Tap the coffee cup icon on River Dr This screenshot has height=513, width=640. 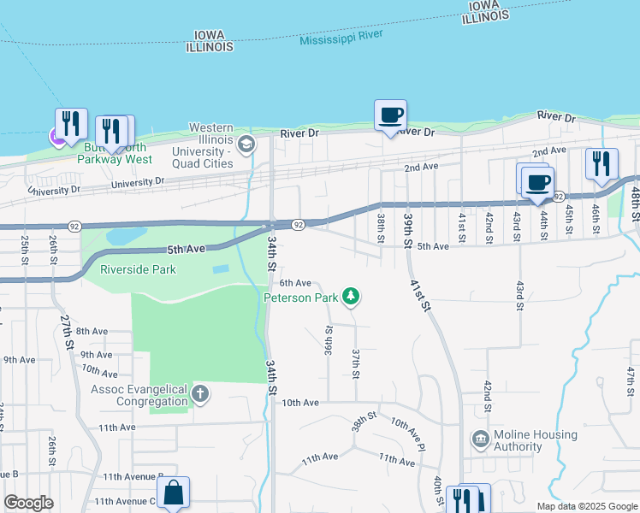click(x=390, y=115)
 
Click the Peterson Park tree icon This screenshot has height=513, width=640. click(x=350, y=297)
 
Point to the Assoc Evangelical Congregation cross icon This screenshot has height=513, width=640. click(x=200, y=394)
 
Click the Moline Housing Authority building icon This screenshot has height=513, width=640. click(x=480, y=439)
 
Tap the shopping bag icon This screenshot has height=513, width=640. click(x=173, y=492)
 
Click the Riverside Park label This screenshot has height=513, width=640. click(x=138, y=270)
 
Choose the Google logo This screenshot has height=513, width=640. click(x=28, y=503)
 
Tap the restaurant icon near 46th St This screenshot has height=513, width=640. click(x=601, y=162)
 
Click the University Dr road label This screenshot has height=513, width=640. click(x=136, y=182)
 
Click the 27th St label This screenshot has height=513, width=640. click(x=68, y=329)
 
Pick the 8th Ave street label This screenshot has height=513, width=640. click(x=92, y=331)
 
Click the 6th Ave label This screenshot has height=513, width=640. click(x=295, y=283)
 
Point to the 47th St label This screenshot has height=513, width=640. click(x=631, y=377)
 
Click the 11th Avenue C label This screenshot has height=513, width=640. click(x=125, y=502)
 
